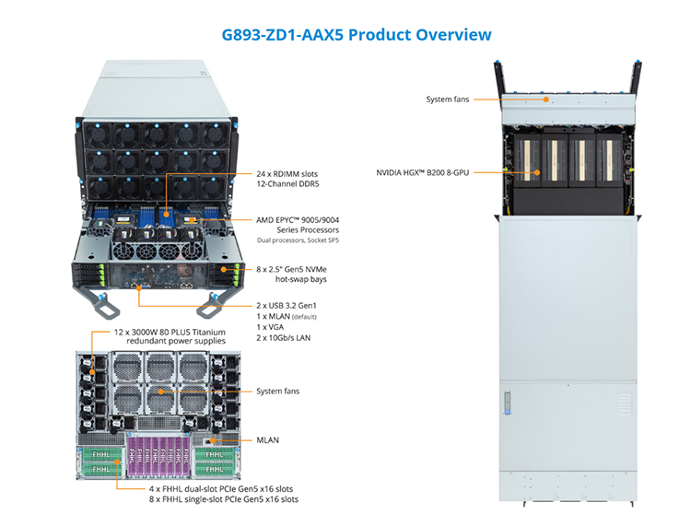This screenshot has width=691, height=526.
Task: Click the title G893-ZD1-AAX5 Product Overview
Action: tap(356, 35)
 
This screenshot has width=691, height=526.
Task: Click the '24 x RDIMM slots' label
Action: tap(287, 174)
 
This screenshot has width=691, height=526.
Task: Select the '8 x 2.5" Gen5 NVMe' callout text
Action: tap(291, 269)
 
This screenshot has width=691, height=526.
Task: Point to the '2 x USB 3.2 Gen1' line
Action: tap(287, 306)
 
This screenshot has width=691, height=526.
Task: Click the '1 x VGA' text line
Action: tap(270, 327)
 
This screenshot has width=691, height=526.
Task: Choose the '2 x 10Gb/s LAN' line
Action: tap(284, 338)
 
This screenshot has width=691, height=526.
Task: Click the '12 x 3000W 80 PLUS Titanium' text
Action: tap(170, 333)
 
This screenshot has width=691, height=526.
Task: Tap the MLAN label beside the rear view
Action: tap(267, 440)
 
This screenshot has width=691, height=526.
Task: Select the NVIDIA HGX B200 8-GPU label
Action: tap(423, 172)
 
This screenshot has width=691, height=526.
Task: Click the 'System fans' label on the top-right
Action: tap(447, 99)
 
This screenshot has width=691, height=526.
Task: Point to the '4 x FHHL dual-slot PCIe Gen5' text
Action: tap(221, 489)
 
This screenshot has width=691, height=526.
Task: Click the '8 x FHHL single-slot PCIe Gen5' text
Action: tap(224, 499)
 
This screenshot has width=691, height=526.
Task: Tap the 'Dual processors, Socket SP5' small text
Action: tap(298, 240)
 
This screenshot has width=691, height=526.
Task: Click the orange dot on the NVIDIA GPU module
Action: tap(537, 172)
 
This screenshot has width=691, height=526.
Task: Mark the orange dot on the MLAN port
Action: tap(213, 440)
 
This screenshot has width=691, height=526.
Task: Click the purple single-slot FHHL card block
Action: tap(159, 456)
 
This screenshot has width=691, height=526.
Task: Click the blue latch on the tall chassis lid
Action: tap(508, 403)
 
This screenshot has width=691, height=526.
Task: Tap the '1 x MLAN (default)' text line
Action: tap(287, 317)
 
